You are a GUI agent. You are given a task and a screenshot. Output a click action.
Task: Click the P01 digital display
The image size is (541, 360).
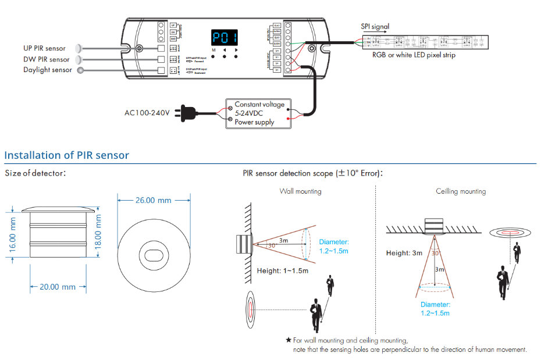pos(225,38)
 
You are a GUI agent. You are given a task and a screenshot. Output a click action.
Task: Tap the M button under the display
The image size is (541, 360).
pos(213,51)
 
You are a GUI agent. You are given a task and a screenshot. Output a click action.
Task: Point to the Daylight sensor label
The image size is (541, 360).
pos(47,70)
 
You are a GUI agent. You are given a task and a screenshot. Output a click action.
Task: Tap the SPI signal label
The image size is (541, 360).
pos(375,26)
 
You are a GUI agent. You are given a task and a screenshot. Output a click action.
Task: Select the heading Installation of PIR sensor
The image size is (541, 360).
pos(66,155)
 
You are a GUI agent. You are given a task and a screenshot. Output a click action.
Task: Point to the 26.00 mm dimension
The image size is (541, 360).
pos(154,200)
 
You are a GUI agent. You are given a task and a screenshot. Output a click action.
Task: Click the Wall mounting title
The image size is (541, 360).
pos(300,191)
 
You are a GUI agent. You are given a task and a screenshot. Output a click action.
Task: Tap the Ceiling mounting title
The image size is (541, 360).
pos(461,191)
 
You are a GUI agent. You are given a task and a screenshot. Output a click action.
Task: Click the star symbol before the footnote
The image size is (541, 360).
pos(288,340)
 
